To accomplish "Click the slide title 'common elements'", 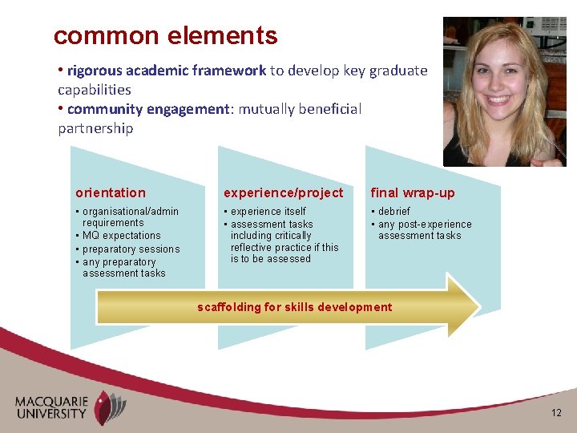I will pos(165,36).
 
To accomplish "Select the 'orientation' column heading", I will pos(111,192).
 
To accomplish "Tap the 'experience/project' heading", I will pos(283,192).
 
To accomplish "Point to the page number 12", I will pos(556,412).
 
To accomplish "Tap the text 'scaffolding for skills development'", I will pos(295,307).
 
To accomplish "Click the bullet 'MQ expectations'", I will pos(121,236).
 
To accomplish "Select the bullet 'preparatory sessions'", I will pos(131,249).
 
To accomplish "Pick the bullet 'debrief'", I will pos(393,212).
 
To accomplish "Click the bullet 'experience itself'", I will pos(268,212).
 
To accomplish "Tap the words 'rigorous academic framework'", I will pos(166,71).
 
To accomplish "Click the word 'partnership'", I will pos(95,128).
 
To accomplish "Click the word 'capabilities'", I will pos(95,90).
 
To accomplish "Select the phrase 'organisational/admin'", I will pos(131,212).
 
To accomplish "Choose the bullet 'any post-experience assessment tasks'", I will pos(424,230).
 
